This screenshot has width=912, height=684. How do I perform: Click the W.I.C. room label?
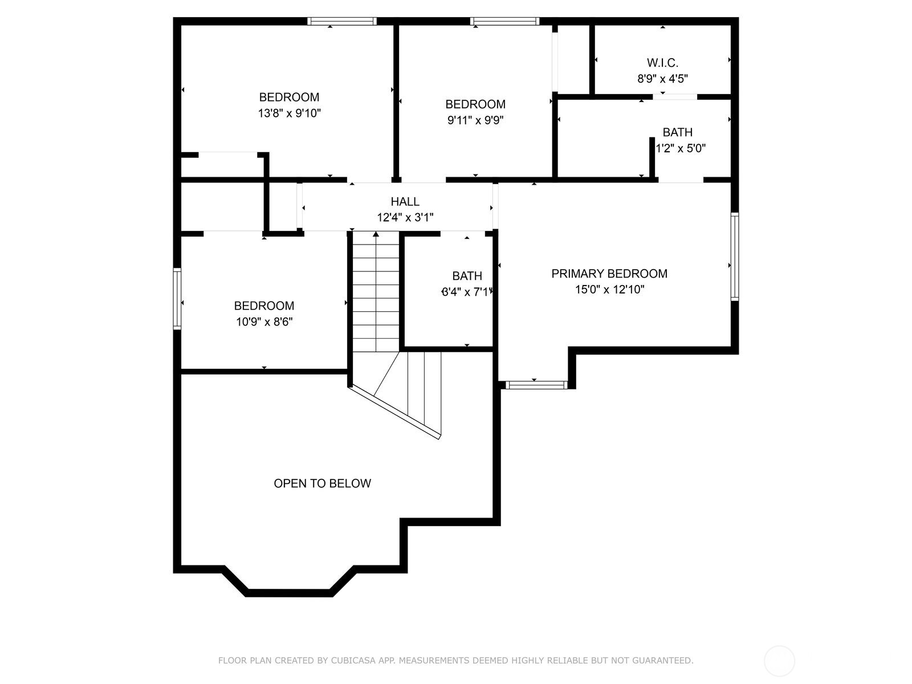tap(662, 63)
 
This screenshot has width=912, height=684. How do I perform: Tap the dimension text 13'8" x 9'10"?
tap(290, 113)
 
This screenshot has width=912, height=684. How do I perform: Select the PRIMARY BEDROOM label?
tap(609, 274)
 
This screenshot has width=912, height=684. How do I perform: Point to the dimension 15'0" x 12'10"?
tap(609, 290)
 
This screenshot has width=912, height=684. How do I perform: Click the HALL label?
tap(405, 201)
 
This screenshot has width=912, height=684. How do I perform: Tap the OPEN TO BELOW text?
tap(322, 483)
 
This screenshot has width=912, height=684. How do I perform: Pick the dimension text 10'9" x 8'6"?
tap(264, 322)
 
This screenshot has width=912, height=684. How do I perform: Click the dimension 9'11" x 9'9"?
tap(475, 120)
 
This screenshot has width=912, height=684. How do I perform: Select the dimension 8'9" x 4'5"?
tap(662, 79)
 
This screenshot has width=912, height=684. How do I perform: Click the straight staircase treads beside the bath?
tap(376, 296)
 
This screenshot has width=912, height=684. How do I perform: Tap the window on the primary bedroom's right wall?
tap(735, 256)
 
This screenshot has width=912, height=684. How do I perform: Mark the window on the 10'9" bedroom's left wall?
tap(177, 299)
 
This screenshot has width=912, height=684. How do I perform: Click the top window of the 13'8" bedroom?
tap(342, 22)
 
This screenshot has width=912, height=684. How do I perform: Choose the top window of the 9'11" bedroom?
tap(504, 22)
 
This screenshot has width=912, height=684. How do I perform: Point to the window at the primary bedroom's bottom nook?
tap(536, 385)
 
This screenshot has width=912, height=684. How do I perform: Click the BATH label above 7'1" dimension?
tap(467, 276)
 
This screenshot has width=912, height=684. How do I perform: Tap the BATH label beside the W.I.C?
tap(677, 132)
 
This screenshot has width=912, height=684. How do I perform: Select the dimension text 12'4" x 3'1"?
tap(405, 217)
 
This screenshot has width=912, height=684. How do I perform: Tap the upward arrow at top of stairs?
tap(376, 234)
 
